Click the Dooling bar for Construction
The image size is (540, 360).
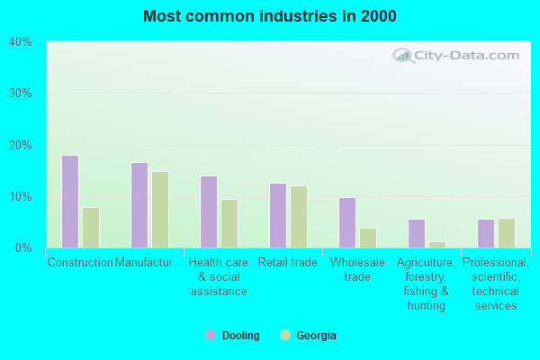70,202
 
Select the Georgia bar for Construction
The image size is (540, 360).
91,228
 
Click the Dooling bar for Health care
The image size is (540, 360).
209,211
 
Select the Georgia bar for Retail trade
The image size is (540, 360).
299,217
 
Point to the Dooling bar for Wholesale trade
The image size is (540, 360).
347,222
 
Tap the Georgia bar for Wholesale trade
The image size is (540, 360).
368,238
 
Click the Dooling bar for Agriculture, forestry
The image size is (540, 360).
417,233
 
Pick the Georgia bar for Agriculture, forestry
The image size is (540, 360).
437,244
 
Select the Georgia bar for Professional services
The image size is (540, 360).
507,233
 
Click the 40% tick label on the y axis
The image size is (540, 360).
21,41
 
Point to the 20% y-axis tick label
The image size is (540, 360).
21,145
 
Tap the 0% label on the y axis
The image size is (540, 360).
23,247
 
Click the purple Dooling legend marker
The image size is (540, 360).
211,335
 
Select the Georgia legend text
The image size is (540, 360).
316,336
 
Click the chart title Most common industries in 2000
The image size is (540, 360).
270,16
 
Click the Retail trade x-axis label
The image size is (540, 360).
288,263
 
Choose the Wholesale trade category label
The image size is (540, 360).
357,269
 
